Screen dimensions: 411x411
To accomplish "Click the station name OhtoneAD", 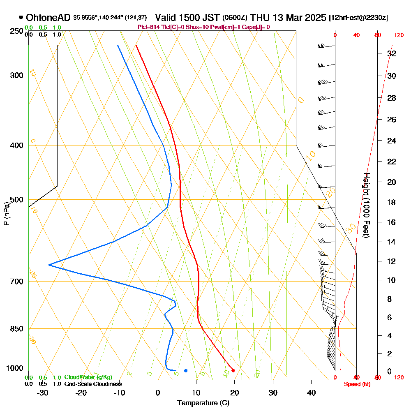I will click(x=48, y=18).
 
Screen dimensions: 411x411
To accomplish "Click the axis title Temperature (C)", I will click(x=203, y=403).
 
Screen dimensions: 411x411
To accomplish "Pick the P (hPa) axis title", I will click(x=6, y=214).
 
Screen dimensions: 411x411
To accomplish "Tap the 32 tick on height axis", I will click(x=392, y=53).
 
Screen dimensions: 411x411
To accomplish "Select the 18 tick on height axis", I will click(x=392, y=202).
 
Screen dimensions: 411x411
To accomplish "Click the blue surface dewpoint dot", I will click(x=186, y=371).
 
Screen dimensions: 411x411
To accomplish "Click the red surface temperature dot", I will click(x=233, y=371).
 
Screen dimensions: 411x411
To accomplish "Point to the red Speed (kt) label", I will click(x=356, y=384).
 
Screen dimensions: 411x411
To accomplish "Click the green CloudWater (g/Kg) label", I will click(x=88, y=377).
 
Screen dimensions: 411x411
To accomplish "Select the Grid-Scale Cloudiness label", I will click(x=93, y=384).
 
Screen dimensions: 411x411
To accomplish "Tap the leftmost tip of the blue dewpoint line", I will click(x=49, y=265).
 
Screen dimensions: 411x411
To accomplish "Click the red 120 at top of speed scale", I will click(x=398, y=35).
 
